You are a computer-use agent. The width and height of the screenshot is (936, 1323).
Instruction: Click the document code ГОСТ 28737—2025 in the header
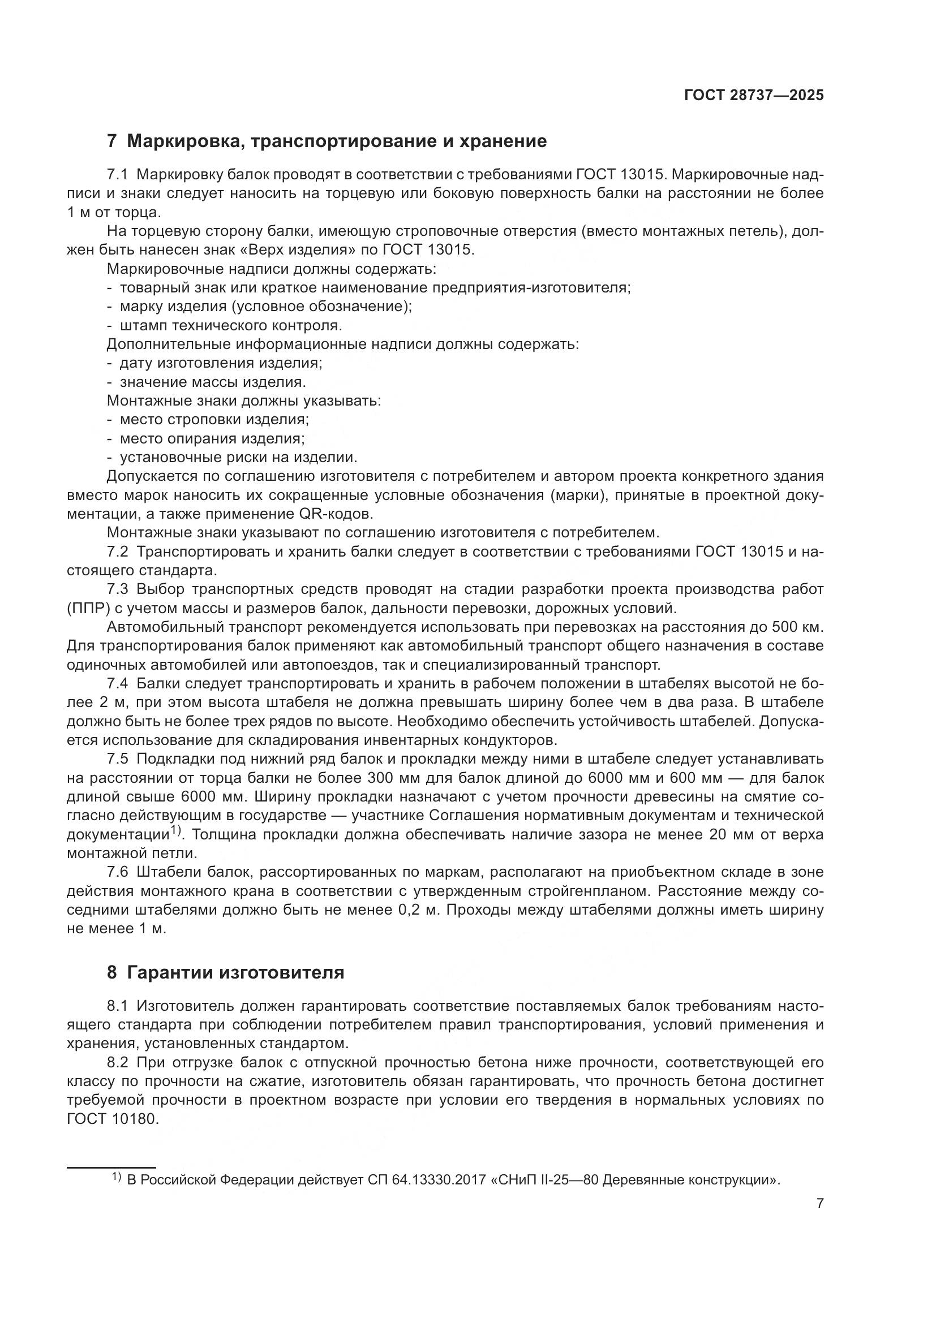pyautogui.click(x=753, y=96)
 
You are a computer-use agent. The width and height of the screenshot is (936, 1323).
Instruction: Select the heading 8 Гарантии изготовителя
pyautogui.click(x=225, y=973)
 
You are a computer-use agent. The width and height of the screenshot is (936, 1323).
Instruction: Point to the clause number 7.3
pyautogui.click(x=119, y=589)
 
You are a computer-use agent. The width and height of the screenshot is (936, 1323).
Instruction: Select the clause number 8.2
pyautogui.click(x=119, y=1063)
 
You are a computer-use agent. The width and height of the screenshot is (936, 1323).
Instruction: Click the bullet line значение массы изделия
pyautogui.click(x=212, y=382)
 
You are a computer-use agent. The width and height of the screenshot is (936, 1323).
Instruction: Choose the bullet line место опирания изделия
pyautogui.click(x=212, y=438)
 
